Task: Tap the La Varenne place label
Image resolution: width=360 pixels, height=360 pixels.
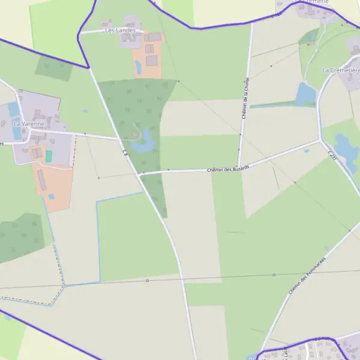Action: pyautogui.click(x=29, y=124)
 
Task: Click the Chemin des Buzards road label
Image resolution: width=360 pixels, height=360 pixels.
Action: pyautogui.click(x=227, y=169)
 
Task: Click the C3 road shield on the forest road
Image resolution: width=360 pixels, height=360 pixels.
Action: pyautogui.click(x=126, y=153)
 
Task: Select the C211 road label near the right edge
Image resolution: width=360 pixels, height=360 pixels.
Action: pyautogui.click(x=331, y=155)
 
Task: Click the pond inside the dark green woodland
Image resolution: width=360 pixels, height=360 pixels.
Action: pyautogui.click(x=144, y=145)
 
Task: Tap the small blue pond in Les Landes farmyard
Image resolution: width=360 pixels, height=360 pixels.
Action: pyautogui.click(x=139, y=67)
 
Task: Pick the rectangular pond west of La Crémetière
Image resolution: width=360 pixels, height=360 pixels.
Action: pyautogui.click(x=306, y=94)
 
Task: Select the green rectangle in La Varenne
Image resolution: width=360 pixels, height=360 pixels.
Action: pyautogui.click(x=49, y=156)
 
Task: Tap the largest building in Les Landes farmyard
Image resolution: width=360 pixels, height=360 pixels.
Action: pyautogui.click(x=151, y=61)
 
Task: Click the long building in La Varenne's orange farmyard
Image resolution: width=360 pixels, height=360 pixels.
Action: pyautogui.click(x=43, y=180)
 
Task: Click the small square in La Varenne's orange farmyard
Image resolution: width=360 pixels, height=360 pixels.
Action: pyautogui.click(x=52, y=196)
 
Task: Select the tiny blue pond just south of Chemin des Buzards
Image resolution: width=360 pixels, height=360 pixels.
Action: pyautogui.click(x=306, y=151)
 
